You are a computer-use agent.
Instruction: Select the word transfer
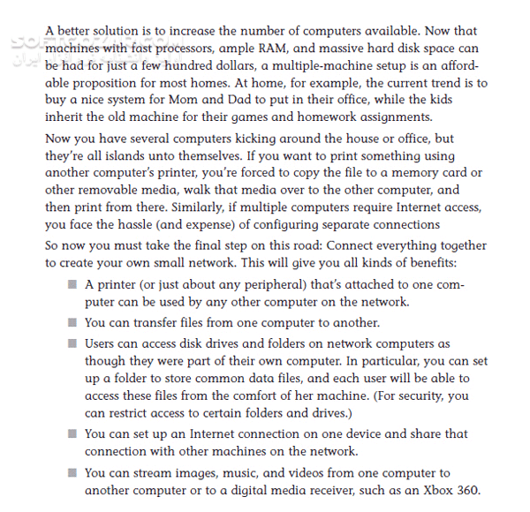pyautogui.click(x=160, y=323)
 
